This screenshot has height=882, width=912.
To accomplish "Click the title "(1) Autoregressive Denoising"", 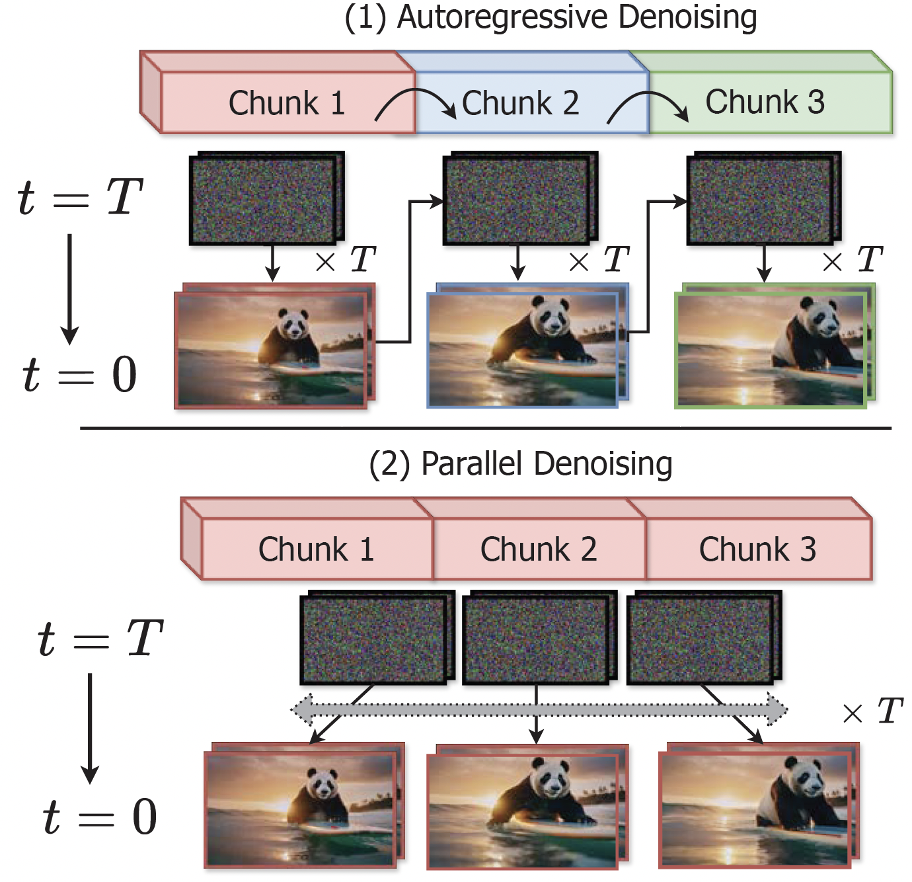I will click(x=550, y=17).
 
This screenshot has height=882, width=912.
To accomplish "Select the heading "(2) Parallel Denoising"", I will click(x=521, y=464).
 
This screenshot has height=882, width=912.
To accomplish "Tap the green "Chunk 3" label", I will click(x=765, y=102).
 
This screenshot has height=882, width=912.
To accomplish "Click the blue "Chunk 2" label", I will click(x=521, y=103).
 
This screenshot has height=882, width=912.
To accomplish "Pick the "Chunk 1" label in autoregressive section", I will click(x=286, y=104).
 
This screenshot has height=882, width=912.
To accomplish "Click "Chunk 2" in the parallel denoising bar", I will click(x=538, y=549).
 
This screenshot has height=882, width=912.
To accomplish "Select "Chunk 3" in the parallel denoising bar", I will click(x=757, y=549).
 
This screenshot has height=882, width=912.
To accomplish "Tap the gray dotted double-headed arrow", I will click(x=539, y=710).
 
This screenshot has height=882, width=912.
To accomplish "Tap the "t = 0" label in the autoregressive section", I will click(x=79, y=375).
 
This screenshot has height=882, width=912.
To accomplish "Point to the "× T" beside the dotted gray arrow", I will click(x=872, y=711).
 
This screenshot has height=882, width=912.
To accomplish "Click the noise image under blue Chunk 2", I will click(x=517, y=200).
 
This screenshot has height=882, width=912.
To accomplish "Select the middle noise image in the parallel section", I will click(x=537, y=639).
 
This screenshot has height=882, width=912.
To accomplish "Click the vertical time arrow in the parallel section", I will click(x=89, y=727).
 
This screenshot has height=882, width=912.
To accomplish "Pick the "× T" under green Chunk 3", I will click(x=853, y=260).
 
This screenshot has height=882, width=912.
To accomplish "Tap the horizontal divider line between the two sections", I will click(x=486, y=428).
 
